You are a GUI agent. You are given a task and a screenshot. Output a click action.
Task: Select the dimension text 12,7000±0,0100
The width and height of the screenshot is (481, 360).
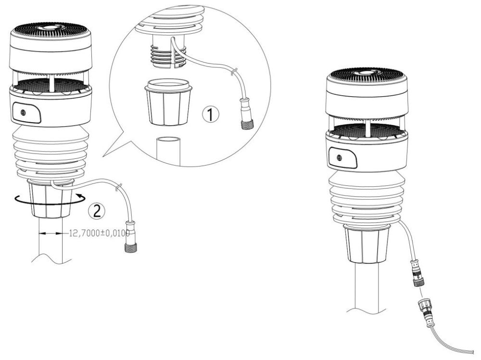click(x=99, y=233)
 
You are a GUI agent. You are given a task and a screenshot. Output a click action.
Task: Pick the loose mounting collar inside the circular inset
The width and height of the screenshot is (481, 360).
click(x=168, y=103)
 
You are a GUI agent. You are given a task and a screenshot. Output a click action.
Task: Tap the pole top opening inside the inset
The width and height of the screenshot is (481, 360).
click(x=168, y=140)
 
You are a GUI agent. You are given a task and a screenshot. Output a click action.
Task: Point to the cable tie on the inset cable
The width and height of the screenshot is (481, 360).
click(x=233, y=73)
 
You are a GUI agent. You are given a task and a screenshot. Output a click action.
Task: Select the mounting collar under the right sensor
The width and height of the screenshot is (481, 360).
click(x=366, y=244)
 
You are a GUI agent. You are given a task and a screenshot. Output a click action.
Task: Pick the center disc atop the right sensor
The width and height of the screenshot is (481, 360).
click(x=367, y=73)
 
